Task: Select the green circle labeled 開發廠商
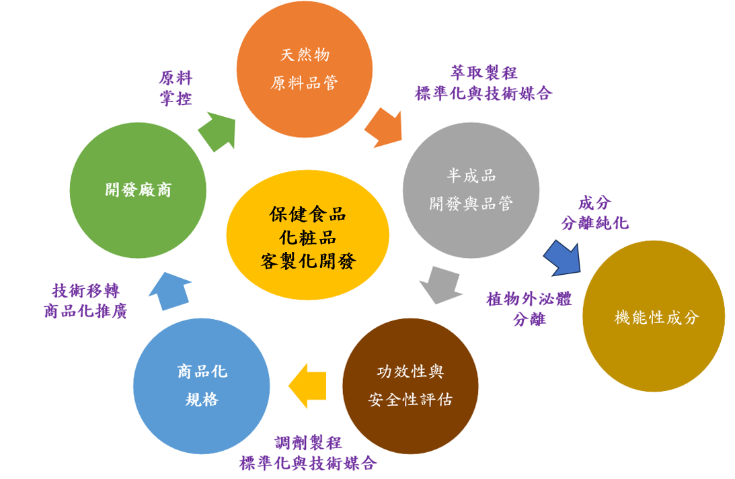pyautogui.click(x=138, y=190)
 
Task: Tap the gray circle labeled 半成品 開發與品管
pyautogui.click(x=471, y=190)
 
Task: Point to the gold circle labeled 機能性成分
pyautogui.click(x=653, y=316)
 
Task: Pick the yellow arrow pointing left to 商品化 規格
pyautogui.click(x=308, y=386)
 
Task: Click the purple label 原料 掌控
pyautogui.click(x=176, y=88)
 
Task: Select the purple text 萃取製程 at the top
pyautogui.click(x=483, y=73)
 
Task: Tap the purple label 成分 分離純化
pyautogui.click(x=594, y=212)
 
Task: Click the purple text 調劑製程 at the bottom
pyautogui.click(x=308, y=443)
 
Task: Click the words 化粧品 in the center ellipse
pyautogui.click(x=307, y=237)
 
